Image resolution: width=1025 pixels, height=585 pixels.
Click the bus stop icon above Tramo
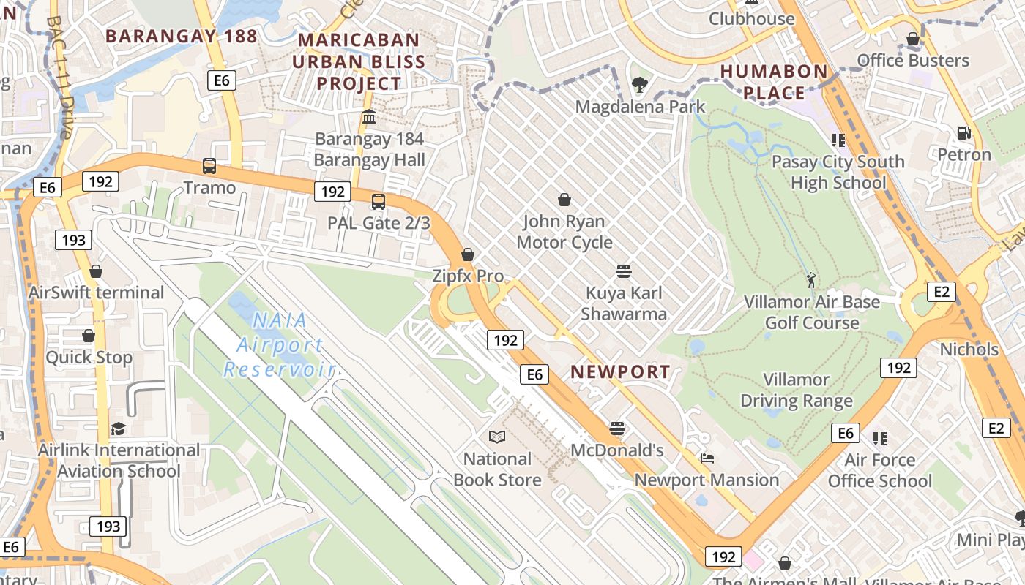click(209, 166)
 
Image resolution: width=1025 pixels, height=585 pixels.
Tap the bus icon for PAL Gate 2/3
click(379, 201)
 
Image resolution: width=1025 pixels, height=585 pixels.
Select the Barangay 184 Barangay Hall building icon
click(369, 117)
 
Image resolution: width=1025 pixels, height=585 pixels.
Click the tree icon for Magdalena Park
click(640, 85)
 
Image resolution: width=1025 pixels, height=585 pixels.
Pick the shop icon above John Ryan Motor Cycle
click(564, 200)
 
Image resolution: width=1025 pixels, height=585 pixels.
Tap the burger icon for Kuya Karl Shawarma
click(624, 271)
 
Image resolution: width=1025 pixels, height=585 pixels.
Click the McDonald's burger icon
click(617, 428)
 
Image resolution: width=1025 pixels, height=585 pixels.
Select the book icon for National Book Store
click(497, 437)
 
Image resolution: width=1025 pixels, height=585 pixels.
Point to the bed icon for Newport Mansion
click(707, 458)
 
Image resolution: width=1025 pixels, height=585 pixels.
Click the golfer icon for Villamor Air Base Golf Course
click(810, 279)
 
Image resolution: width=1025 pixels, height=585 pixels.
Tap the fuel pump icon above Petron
click(964, 133)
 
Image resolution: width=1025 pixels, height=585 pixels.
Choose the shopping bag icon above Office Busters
click(913, 39)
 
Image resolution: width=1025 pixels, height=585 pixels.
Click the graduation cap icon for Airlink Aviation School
click(118, 429)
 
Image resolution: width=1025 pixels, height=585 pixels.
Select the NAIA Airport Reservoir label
click(278, 344)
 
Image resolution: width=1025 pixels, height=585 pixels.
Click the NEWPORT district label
click(620, 371)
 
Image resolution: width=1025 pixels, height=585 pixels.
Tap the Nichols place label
click(969, 350)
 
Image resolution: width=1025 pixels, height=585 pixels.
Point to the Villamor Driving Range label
click(797, 390)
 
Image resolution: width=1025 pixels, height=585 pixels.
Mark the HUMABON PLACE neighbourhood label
click(774, 82)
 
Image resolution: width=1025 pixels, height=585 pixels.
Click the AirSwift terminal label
click(96, 292)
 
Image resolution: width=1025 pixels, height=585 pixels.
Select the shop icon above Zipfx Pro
click(468, 254)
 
